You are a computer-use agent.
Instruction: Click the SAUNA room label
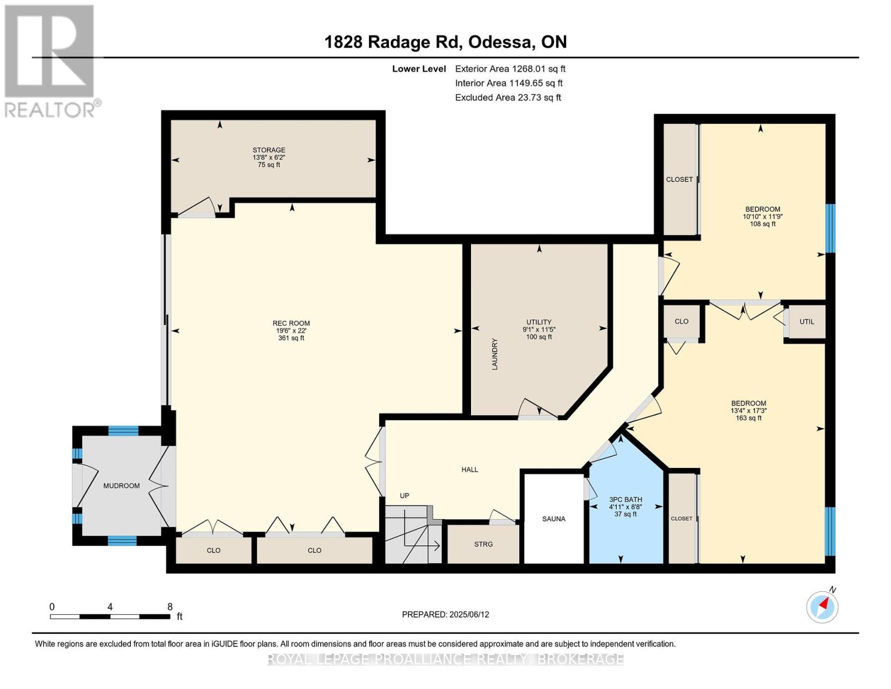coord(554,518)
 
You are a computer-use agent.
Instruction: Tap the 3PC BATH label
coord(625,500)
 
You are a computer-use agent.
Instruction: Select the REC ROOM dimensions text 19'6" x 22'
coord(291,331)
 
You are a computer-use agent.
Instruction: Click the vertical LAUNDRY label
coord(495,354)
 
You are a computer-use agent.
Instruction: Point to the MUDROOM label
coord(121,486)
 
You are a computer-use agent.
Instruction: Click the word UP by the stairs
coord(404,496)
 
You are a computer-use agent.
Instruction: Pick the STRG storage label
coord(483,544)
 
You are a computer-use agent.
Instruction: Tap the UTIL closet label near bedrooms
coord(807,322)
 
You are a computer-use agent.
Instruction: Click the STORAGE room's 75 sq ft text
coord(269,165)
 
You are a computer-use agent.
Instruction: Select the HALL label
coord(469,470)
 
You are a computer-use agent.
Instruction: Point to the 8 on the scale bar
coord(170,607)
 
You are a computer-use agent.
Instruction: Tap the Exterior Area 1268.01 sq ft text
coord(510,69)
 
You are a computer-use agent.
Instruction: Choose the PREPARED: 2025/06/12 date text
coord(445,614)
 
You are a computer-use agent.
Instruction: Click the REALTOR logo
coord(50,60)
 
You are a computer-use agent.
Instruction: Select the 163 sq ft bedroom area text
coord(748,418)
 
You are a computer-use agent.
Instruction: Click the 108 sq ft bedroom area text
coord(762,224)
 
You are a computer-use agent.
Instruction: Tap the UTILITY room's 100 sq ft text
coord(539,337)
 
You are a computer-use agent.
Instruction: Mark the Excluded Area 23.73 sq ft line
coord(508,98)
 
